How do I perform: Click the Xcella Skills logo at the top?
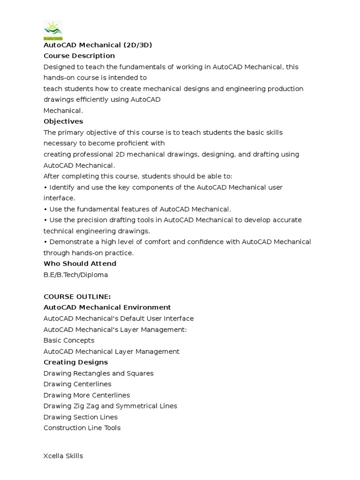tap(53, 30)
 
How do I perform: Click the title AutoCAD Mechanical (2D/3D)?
tap(97, 45)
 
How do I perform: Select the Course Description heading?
tap(79, 56)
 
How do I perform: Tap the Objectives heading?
tap(63, 121)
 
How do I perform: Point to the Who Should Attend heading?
tap(80, 264)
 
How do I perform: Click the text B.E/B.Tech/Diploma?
tap(75, 275)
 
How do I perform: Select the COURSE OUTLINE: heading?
tap(77, 297)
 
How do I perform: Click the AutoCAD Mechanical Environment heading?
tap(107, 307)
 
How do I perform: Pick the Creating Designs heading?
tap(75, 362)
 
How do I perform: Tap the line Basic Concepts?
tap(69, 340)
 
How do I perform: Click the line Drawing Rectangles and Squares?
tap(98, 374)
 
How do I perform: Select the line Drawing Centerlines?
tap(77, 384)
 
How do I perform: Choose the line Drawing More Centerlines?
tap(87, 395)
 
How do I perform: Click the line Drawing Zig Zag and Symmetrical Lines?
tap(110, 406)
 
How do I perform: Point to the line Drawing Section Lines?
tap(81, 417)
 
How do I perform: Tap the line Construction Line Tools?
tap(82, 428)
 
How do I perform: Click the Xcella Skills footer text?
tap(63, 456)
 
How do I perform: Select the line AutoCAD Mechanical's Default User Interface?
tap(119, 319)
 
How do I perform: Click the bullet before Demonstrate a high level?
tap(45, 242)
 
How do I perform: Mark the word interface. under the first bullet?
tap(59, 198)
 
